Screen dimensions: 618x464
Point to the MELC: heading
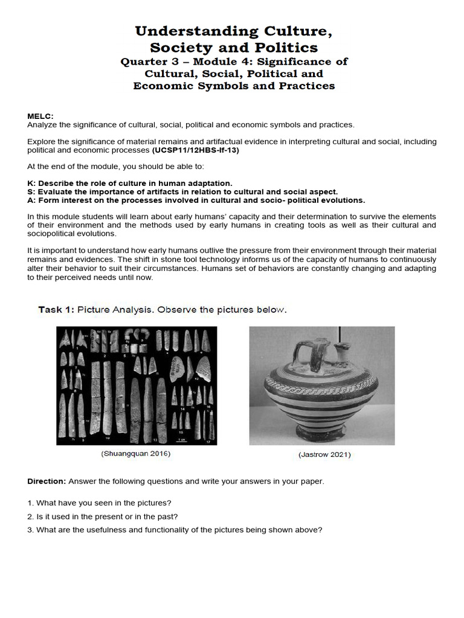(x=40, y=116)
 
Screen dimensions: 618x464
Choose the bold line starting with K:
(x=129, y=183)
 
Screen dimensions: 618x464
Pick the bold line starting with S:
(x=182, y=191)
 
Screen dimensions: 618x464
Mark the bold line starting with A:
(x=196, y=200)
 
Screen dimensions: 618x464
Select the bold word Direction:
(x=47, y=482)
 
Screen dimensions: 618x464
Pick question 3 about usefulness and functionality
(x=175, y=530)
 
